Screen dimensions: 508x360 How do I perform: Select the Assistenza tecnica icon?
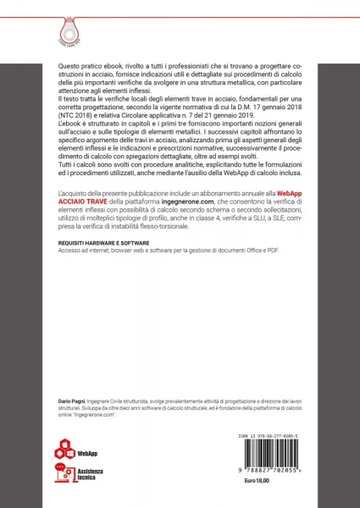[64, 472]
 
